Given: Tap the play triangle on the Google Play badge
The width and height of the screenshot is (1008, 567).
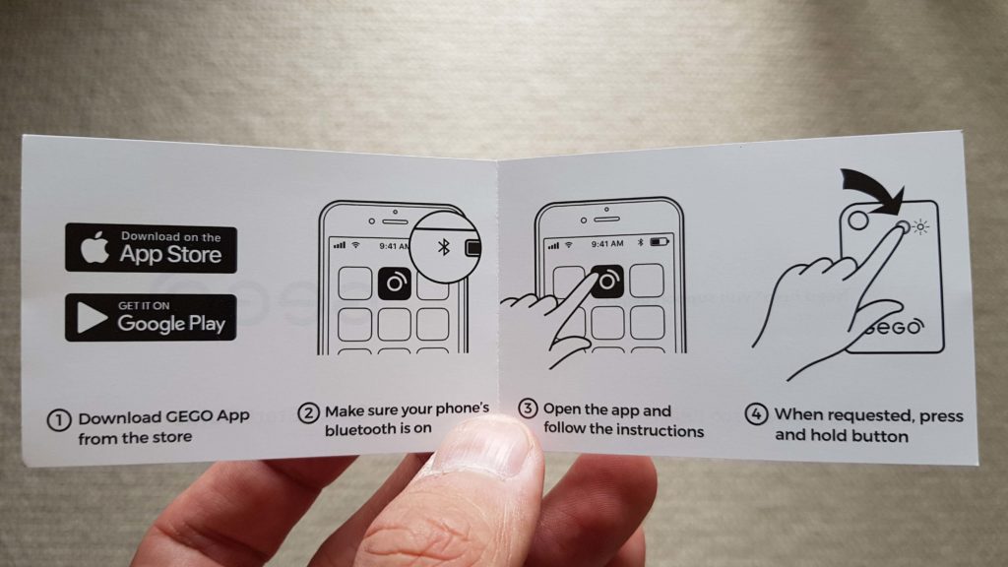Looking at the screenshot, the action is pos(91,318).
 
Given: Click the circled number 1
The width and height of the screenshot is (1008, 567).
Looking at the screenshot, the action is pos(58,420).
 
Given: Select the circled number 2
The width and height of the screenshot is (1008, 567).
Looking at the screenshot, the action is pos(308,412).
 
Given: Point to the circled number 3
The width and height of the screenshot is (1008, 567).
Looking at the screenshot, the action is pos(528,409).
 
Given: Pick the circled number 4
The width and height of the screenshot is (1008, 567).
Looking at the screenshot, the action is pos(756,413).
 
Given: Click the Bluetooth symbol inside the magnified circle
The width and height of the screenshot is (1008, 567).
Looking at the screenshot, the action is pos(444,247).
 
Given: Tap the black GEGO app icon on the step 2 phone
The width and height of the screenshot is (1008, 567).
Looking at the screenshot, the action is pos(394,283).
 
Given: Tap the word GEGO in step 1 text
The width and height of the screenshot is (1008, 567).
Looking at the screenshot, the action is pos(189,416).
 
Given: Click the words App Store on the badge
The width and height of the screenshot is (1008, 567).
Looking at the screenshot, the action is pos(170,255).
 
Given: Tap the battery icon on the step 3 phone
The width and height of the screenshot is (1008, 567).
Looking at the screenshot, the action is pos(660,242).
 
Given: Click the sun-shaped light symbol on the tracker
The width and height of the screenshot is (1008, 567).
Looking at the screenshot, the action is pos(921,227).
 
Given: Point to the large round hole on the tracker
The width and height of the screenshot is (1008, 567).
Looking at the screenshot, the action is pos(858,220).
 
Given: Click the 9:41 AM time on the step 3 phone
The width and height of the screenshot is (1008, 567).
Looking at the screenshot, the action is pos(607,244).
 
